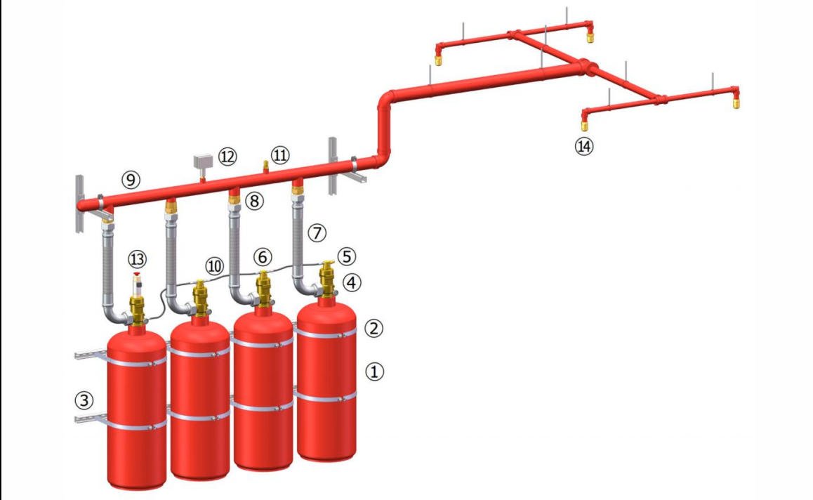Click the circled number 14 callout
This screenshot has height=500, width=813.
(x=584, y=146)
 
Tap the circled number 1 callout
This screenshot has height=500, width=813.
(x=375, y=371)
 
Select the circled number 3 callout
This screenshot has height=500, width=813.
(x=84, y=400)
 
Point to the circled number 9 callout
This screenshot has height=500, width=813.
(x=131, y=180)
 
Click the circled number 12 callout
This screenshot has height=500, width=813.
(x=227, y=156)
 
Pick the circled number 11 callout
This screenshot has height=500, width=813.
(x=280, y=154)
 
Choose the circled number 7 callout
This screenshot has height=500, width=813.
(x=317, y=233)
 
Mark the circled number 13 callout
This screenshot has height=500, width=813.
(x=138, y=259)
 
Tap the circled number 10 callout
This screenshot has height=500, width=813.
(x=214, y=266)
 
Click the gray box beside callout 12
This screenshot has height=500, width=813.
(x=203, y=162)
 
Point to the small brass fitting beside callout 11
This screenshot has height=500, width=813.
(x=266, y=166)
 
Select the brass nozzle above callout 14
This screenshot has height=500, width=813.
(x=584, y=125)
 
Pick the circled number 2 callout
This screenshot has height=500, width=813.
(x=374, y=328)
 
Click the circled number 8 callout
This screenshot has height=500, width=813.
(x=254, y=200)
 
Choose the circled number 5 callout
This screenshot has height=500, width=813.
(x=346, y=256)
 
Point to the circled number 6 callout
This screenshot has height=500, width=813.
(x=263, y=257)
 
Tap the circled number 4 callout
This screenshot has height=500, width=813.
(x=352, y=283)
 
